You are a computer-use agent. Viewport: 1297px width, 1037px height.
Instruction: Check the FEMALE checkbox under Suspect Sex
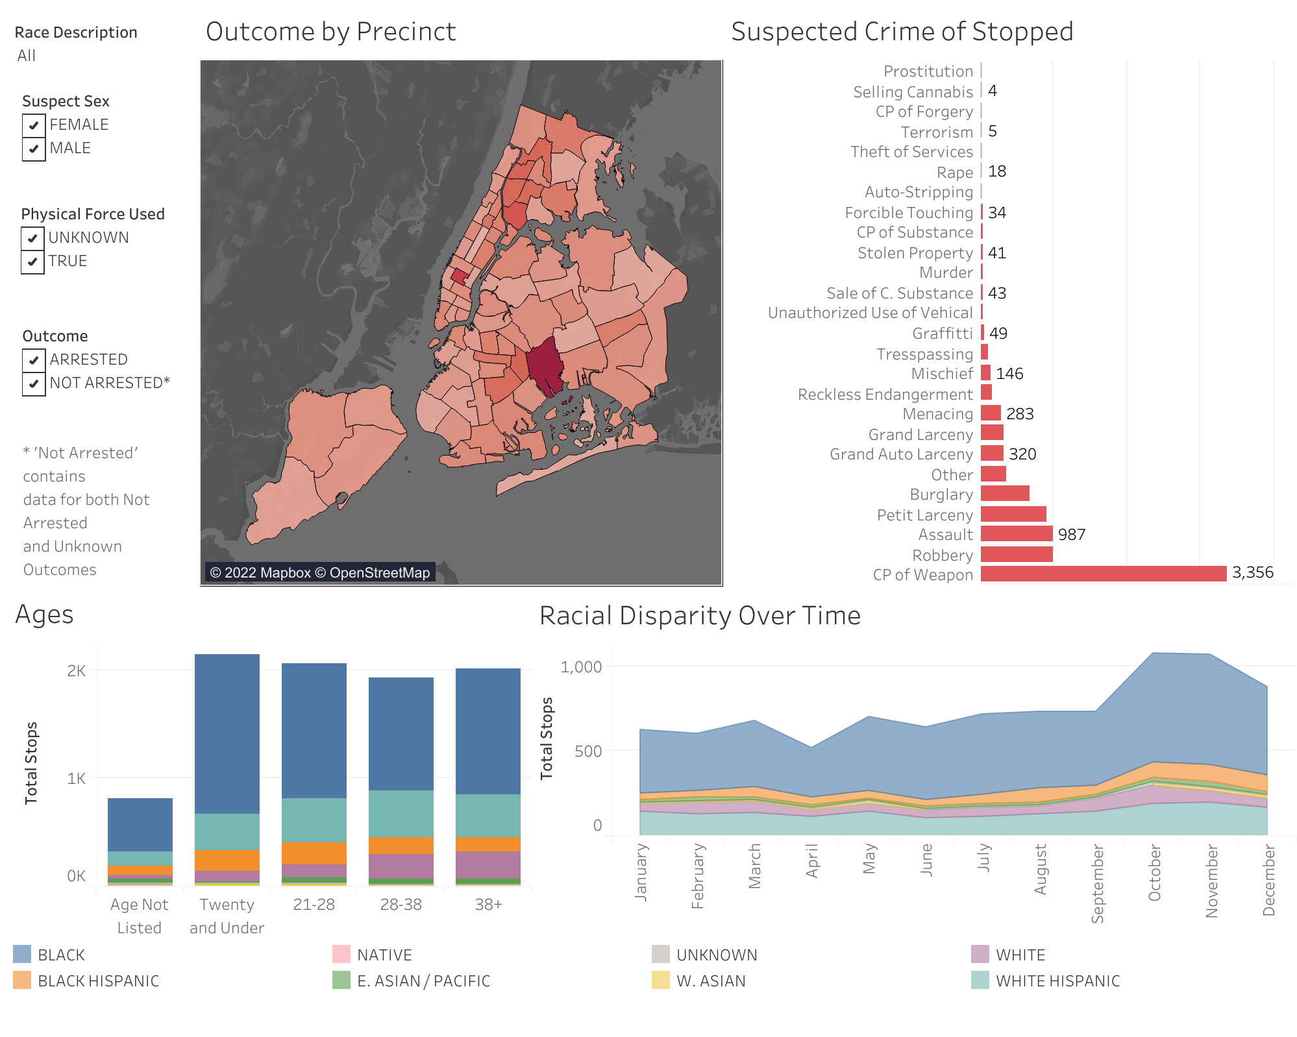[34, 125]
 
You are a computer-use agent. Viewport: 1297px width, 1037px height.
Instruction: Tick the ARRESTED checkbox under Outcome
[34, 360]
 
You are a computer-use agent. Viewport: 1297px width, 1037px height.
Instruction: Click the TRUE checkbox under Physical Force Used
[32, 262]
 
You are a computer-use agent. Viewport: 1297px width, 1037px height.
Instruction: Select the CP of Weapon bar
[1103, 574]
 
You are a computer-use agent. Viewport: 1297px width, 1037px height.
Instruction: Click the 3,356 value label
[1252, 572]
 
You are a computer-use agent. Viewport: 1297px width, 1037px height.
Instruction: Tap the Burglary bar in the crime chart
[1004, 494]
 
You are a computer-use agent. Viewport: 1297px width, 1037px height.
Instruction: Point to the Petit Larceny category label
[924, 515]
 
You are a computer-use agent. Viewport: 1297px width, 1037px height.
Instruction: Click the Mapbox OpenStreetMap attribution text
[319, 572]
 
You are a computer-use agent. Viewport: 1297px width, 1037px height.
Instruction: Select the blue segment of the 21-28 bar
[314, 730]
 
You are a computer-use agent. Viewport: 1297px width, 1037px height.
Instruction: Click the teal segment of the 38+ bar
[488, 815]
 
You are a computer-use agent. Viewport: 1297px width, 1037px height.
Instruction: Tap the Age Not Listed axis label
[139, 916]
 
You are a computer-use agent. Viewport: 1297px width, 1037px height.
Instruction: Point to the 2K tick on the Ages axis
[76, 670]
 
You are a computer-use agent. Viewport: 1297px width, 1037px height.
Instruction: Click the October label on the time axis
[1154, 872]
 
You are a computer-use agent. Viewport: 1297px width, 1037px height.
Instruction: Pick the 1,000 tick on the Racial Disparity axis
[581, 666]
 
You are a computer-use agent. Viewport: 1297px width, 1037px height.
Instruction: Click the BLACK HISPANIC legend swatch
[22, 981]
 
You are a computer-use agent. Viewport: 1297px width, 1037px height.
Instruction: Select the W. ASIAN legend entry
[711, 981]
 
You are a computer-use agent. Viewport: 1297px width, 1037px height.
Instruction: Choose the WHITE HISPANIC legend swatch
[980, 981]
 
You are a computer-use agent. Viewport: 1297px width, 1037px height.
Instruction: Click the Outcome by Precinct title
[330, 32]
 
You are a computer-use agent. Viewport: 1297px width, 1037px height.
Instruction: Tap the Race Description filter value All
[27, 56]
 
